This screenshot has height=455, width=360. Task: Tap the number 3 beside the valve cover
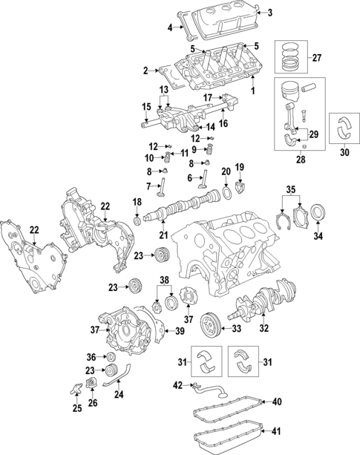tap(269, 12)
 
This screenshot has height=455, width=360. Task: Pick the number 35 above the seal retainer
tap(292, 189)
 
